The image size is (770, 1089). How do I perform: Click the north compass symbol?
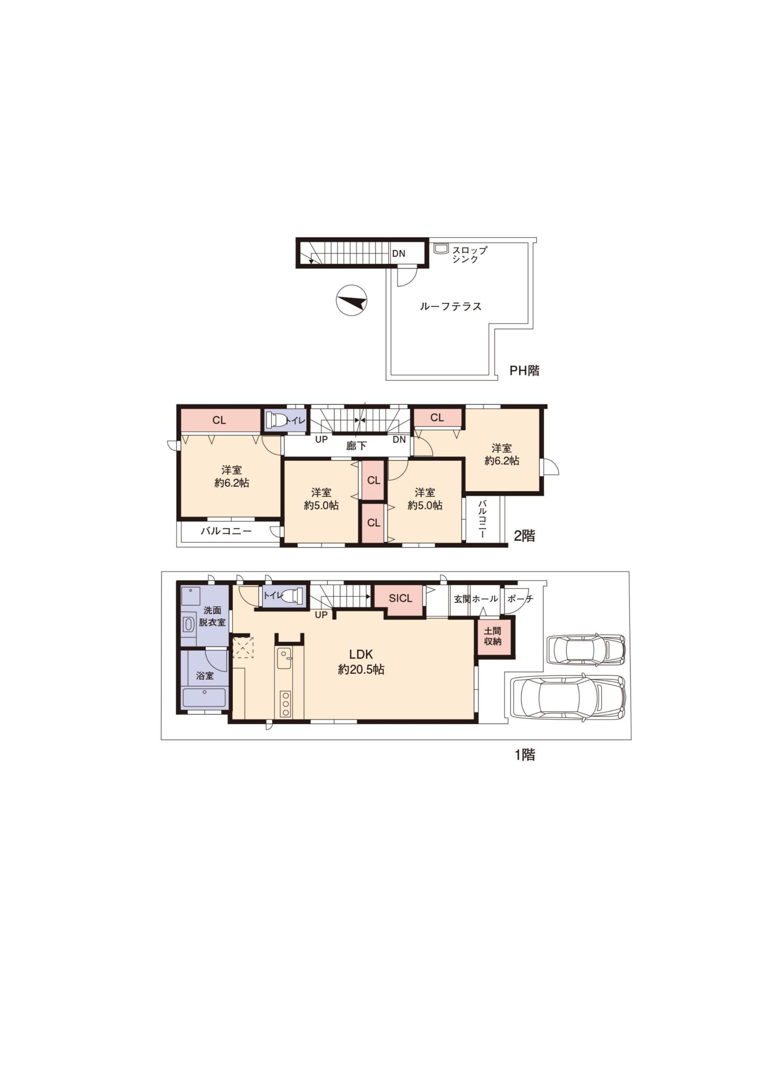(x=351, y=302)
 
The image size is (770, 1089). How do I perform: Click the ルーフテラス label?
(x=450, y=306)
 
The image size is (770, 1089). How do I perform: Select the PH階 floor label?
(x=525, y=371)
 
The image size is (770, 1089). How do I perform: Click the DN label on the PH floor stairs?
(x=399, y=254)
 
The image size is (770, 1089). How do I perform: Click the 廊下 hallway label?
(x=356, y=445)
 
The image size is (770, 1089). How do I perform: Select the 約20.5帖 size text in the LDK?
(x=361, y=670)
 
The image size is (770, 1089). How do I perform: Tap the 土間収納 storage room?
(x=493, y=637)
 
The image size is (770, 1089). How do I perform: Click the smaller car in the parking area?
(x=585, y=649)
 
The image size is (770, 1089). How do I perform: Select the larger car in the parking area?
(x=568, y=698)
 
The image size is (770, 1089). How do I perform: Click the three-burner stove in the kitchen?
(x=285, y=704)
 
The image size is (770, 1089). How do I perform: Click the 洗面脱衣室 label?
(x=212, y=616)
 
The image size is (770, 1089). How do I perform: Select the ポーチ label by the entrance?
(x=520, y=599)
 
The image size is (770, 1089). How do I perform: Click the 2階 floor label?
(x=525, y=536)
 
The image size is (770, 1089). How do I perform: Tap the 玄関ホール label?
(x=476, y=599)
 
